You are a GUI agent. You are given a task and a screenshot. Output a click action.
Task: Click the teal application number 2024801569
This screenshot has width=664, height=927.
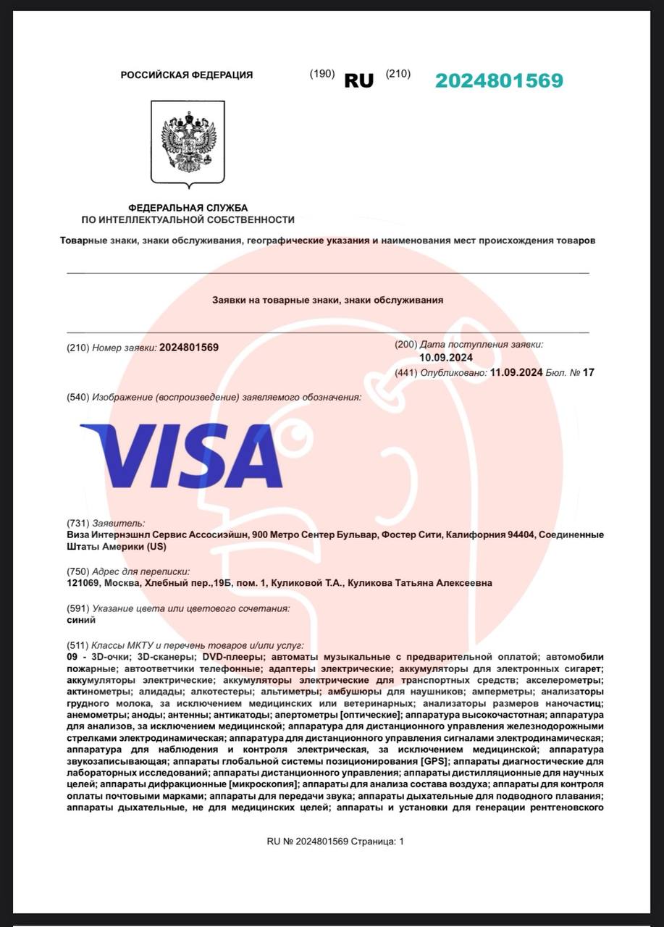coord(499,80)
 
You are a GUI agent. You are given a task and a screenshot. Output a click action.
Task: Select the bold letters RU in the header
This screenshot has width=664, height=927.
coord(358,81)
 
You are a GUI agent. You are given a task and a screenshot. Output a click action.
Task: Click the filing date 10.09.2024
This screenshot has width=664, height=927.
coord(446,358)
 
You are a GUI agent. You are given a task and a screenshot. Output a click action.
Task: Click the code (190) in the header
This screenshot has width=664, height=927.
coord(322,74)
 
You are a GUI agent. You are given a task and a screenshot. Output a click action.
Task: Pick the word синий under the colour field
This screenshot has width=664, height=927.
coord(80,620)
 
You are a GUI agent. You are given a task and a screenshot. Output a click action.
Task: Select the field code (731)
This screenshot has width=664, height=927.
coord(77,523)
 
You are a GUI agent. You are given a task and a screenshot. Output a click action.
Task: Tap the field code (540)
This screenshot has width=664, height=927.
coord(77,398)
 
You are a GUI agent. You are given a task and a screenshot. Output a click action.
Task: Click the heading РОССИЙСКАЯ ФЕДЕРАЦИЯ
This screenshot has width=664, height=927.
coord(187,75)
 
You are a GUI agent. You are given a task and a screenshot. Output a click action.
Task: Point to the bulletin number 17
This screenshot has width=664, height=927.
coord(588,372)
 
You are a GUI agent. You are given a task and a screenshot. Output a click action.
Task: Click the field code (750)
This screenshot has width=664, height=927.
coord(77,571)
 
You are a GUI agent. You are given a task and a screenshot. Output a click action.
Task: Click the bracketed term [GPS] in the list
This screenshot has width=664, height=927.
coord(434,761)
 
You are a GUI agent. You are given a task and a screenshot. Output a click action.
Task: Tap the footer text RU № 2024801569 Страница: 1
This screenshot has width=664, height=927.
coord(335,842)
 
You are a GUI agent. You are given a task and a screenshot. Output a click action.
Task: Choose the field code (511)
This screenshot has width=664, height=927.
coord(77,645)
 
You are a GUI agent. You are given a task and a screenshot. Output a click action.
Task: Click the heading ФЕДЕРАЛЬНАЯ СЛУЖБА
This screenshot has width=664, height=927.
coord(188,208)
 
